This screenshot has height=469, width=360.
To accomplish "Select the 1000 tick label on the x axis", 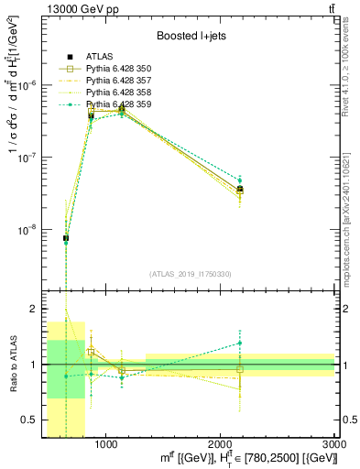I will (x=106, y=445).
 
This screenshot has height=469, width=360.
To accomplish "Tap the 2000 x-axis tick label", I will (x=221, y=445).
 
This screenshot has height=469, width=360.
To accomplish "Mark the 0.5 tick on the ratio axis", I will (x=32, y=420).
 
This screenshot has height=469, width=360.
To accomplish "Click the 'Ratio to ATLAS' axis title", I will (x=12, y=365).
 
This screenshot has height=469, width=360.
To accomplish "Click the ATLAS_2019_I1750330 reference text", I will (x=190, y=274).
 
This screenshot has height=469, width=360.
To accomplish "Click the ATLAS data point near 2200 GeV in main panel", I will (x=240, y=190).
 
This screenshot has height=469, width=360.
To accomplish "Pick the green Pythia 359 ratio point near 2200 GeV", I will (x=240, y=343).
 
